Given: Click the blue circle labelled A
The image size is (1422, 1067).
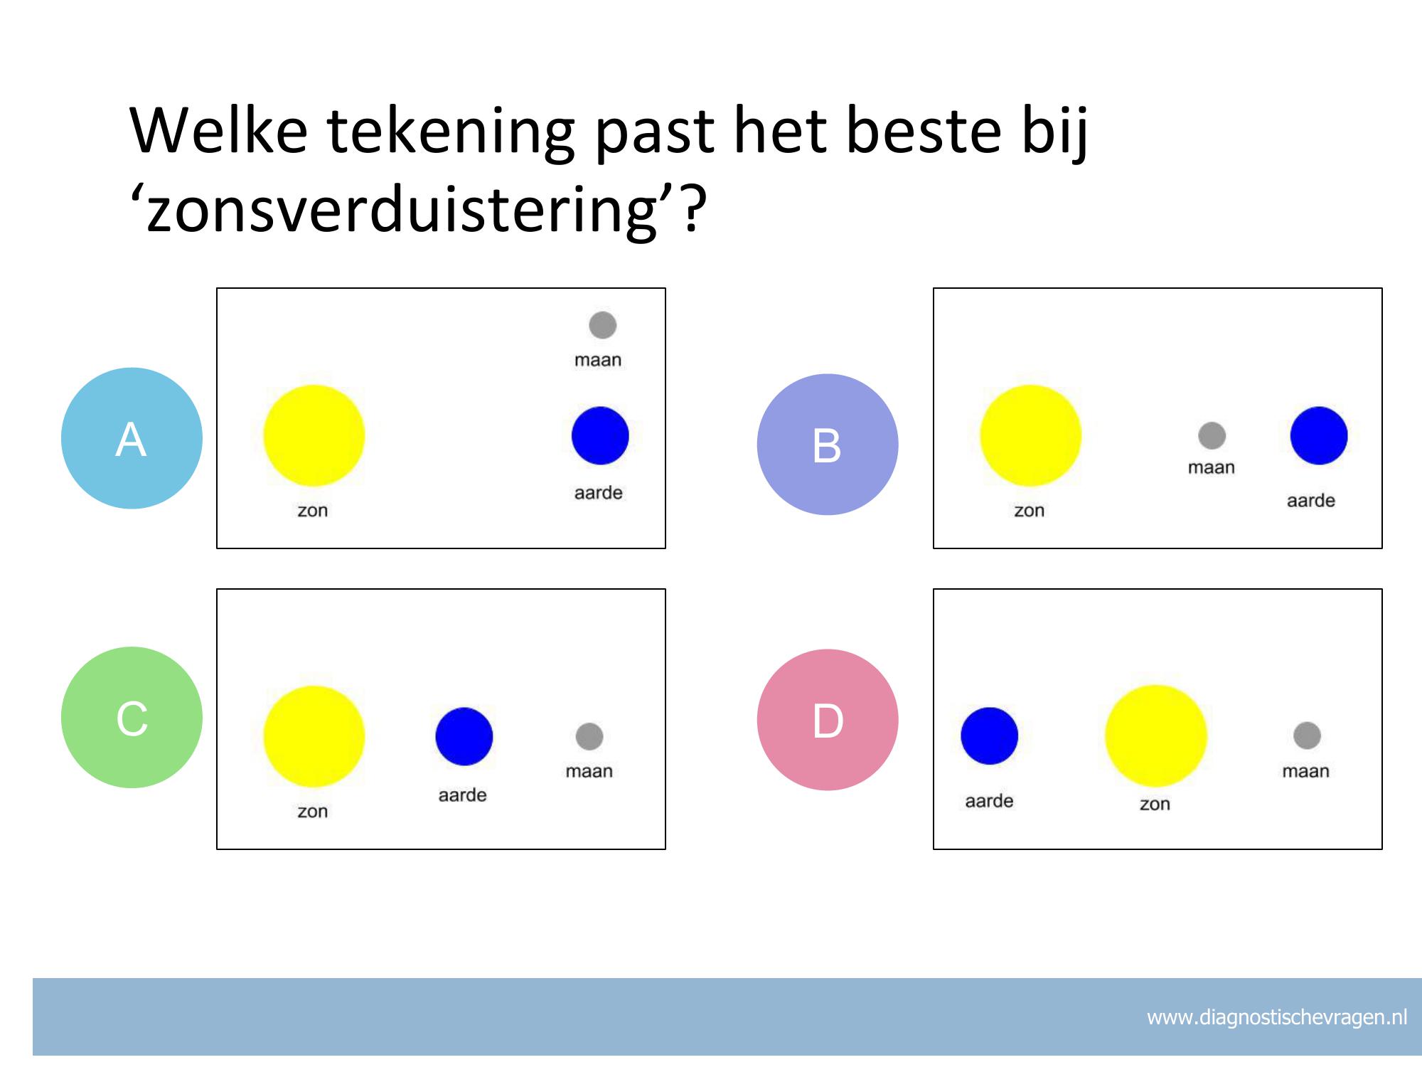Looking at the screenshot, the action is (132, 438).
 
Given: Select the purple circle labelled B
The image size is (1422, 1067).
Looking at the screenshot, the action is (828, 445).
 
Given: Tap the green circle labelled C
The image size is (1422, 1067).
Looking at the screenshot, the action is (132, 717).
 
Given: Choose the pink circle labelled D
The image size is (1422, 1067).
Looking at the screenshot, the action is (828, 720).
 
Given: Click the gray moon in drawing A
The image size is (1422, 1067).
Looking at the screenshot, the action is (603, 325).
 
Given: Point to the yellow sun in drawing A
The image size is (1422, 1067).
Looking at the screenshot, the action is (314, 435).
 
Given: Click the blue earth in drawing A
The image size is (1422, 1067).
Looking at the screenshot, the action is (600, 435).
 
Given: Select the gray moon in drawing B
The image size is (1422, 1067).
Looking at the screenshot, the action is (1212, 435).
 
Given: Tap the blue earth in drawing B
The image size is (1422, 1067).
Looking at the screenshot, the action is (1319, 435).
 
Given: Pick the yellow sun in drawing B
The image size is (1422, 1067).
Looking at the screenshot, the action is (1031, 435).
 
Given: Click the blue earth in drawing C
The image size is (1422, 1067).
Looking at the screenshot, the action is (464, 736).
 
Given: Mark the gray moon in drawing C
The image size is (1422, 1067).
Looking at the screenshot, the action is (589, 736).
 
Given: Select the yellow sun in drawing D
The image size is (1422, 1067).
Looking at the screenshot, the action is (1156, 736).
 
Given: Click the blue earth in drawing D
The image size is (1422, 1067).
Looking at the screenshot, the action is (990, 736).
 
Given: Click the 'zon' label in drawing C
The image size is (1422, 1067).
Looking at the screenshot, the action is (313, 812).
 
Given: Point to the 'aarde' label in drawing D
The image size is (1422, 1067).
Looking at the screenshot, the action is (989, 801).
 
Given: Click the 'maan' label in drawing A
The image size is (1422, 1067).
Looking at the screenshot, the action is (598, 360).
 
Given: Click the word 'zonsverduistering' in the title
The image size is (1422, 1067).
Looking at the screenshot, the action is (402, 209).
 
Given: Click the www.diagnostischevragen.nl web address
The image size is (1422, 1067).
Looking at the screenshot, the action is (1277, 1018).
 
